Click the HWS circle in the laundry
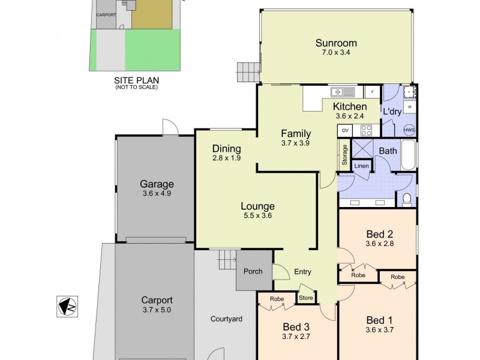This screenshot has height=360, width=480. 409,130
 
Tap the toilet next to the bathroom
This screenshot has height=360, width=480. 407,199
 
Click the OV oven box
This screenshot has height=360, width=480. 345,130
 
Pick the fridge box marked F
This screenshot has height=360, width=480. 372,92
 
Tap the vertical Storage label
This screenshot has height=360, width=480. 345,154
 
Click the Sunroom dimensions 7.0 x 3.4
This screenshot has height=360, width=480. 336,53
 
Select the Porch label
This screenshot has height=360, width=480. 253,271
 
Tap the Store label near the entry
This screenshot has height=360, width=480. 306,296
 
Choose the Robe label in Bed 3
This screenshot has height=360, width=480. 277,299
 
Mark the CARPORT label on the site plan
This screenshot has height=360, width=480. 107,16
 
